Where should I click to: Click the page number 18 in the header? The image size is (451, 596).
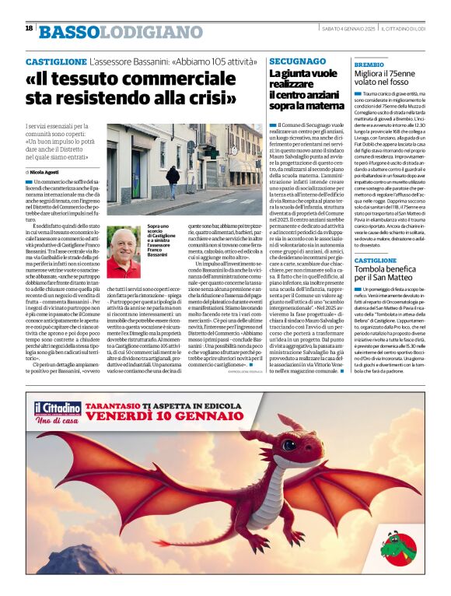(x=29, y=28)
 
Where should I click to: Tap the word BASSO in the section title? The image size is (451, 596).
(x=70, y=32)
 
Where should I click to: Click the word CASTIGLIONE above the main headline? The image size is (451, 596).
(x=55, y=61)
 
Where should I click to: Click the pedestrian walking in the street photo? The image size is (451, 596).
(x=173, y=180)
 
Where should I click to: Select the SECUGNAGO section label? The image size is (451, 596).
(x=297, y=61)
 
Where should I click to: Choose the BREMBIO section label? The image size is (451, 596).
(x=369, y=64)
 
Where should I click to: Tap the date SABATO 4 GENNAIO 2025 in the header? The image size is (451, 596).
(x=344, y=28)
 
